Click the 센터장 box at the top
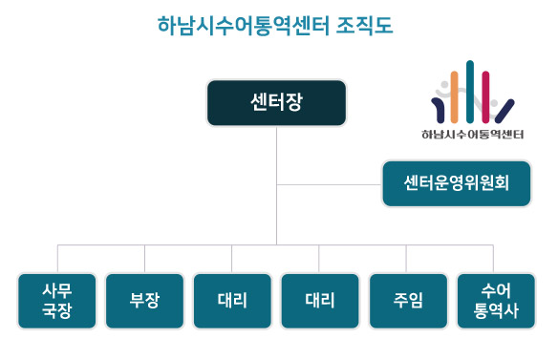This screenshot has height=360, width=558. pos(276,103)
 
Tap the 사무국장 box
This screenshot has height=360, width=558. pos(57,301)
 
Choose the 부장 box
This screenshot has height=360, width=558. pos(144,301)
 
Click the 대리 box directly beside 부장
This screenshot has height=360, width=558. pos(232,301)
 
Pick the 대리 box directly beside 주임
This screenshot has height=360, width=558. pos(319,301)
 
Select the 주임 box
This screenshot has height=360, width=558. pos(407,301)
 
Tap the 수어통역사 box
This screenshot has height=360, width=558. pos(495,301)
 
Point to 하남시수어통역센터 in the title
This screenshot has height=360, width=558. pos(241,24)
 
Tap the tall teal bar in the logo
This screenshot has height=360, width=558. pos(470,91)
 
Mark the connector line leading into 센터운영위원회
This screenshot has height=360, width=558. pos(330,183)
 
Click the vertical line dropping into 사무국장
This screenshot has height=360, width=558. pos(57,259)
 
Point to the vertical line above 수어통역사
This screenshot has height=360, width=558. pos(494,259)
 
